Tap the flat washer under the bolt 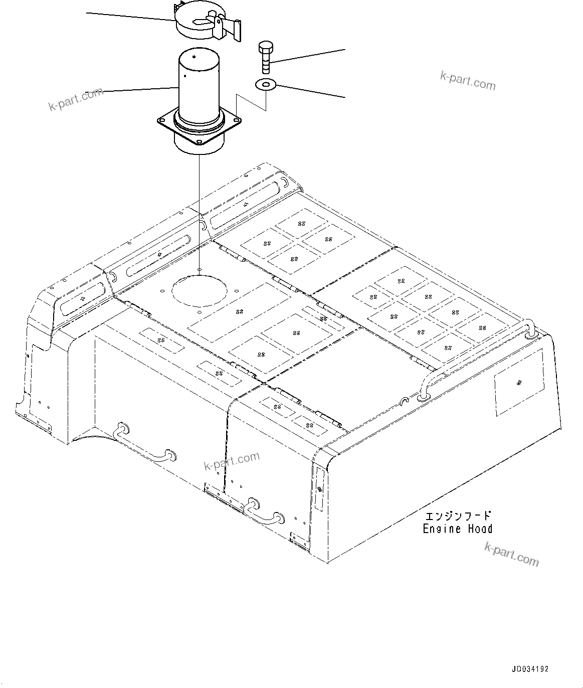click(x=265, y=85)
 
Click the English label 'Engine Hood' click(x=457, y=529)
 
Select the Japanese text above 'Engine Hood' click(x=458, y=516)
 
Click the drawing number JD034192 click(x=530, y=669)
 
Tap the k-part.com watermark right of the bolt click(x=468, y=81)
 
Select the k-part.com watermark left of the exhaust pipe click(x=76, y=99)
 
